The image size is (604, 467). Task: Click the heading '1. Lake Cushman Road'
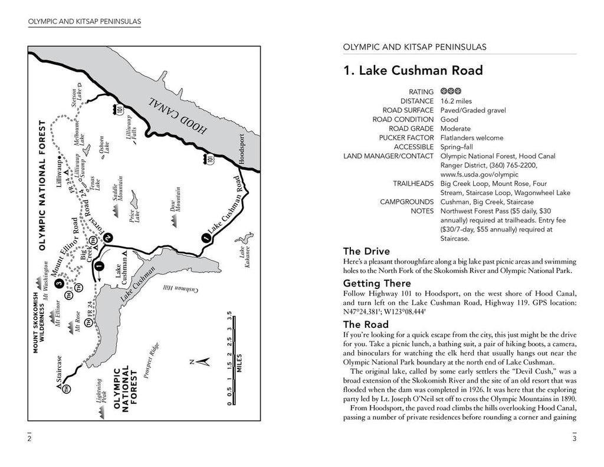point(413,71)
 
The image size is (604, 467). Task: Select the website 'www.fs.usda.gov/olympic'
point(479,175)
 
